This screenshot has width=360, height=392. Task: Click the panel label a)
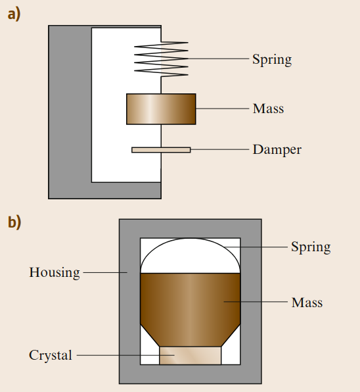(x=14, y=14)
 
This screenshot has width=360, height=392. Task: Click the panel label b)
(x=14, y=222)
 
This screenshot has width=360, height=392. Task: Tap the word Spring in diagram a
(x=272, y=60)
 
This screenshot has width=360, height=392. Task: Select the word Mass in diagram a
(x=268, y=109)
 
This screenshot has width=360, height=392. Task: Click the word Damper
(x=277, y=150)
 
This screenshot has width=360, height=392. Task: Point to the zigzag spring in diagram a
(x=161, y=59)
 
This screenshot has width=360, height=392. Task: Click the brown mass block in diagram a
(x=161, y=109)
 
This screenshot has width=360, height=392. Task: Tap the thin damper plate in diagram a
(x=161, y=150)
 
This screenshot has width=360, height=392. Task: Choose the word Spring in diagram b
(x=311, y=247)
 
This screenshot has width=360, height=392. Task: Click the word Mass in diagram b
(x=307, y=303)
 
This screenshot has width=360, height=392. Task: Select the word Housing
(x=55, y=272)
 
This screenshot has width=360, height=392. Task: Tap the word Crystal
(x=51, y=355)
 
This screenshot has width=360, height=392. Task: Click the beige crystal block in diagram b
(x=191, y=355)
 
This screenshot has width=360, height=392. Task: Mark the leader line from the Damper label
(x=219, y=149)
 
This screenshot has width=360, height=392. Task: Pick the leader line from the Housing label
(x=105, y=272)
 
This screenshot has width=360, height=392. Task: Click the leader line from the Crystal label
(x=125, y=355)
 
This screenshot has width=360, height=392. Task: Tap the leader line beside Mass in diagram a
(x=223, y=109)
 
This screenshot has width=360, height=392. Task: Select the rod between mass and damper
(x=161, y=135)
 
